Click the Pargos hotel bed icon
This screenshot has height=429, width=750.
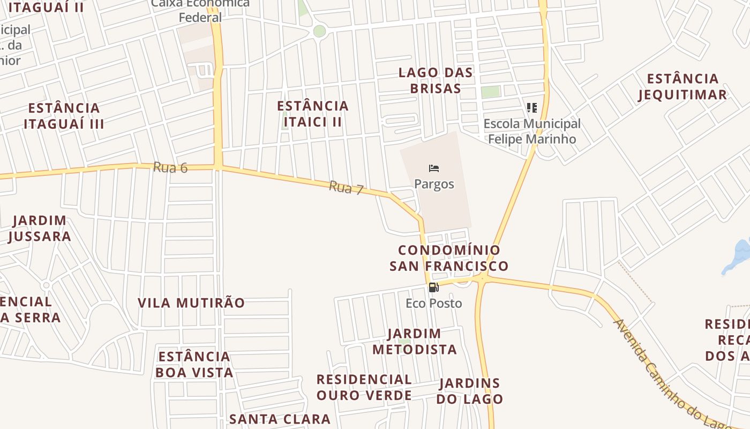434,168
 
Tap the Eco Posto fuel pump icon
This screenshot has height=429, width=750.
434,287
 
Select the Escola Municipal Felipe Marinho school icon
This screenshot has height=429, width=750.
531,108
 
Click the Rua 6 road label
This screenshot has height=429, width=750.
170,167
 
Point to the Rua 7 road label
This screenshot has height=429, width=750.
346,188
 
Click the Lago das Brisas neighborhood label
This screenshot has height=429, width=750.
436,80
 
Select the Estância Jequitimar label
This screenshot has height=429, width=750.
682,87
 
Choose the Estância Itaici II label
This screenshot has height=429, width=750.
313,114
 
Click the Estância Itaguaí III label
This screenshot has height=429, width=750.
64,116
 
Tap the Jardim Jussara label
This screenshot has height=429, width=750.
40,228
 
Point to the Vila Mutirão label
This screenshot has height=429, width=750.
191,303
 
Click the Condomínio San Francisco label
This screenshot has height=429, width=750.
449,258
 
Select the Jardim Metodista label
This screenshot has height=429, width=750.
414,342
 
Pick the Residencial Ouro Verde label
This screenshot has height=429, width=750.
364,387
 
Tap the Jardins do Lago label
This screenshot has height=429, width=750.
469,391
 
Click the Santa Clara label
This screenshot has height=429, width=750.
280,419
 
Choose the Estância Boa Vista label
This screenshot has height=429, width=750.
194,364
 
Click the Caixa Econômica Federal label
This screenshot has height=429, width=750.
200,11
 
